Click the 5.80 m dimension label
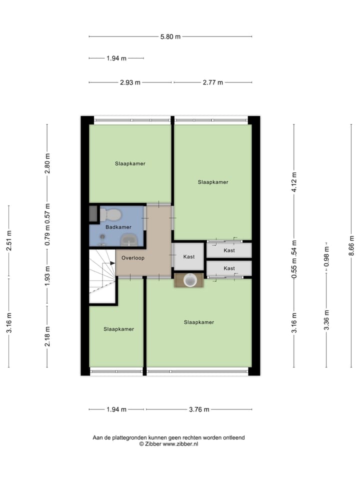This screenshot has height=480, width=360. [x=170, y=36]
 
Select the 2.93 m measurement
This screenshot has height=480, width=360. [x=130, y=82]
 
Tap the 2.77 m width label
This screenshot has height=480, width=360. [x=213, y=82]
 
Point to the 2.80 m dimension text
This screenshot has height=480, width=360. [x=47, y=163]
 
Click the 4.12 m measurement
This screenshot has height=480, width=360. [x=294, y=182]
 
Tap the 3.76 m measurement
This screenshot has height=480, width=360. [x=199, y=409]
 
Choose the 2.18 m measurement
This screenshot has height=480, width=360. [x=47, y=335]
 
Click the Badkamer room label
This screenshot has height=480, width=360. [x=118, y=227]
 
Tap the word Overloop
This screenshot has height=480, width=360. [x=132, y=258]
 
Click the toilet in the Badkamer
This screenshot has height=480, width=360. [x=111, y=215]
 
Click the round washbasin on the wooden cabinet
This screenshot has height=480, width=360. [x=189, y=280]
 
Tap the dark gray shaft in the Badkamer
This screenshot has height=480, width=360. [x=93, y=213]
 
